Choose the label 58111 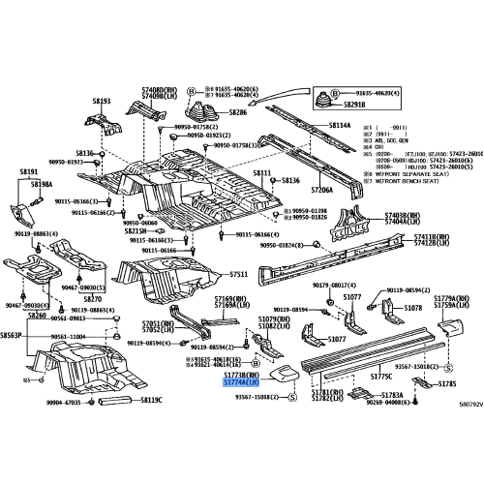click(264, 172)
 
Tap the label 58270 click(92, 300)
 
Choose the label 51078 click(413, 308)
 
